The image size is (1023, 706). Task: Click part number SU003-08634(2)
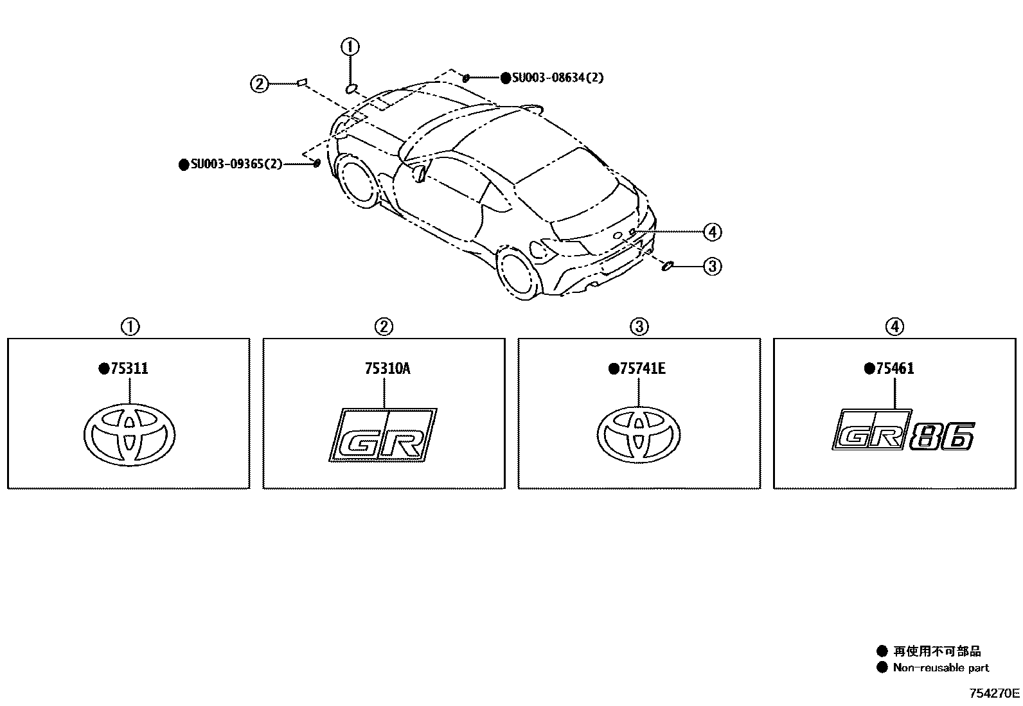click(557, 78)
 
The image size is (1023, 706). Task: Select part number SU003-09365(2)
click(236, 164)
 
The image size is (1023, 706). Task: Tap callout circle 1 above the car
click(350, 46)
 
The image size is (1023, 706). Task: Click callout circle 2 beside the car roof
click(259, 84)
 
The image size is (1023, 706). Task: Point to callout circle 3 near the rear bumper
click(712, 266)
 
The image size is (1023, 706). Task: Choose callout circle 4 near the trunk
click(712, 231)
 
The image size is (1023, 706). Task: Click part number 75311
click(129, 369)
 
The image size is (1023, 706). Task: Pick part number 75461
click(894, 369)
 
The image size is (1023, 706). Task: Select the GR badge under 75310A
click(384, 435)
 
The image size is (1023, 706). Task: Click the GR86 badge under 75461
click(903, 435)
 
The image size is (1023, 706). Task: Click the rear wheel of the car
click(519, 274)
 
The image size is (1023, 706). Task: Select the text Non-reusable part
click(941, 668)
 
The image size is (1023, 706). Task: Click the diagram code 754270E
click(995, 694)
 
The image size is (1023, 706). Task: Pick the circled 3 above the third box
click(639, 327)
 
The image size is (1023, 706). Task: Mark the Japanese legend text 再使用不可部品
click(937, 651)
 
